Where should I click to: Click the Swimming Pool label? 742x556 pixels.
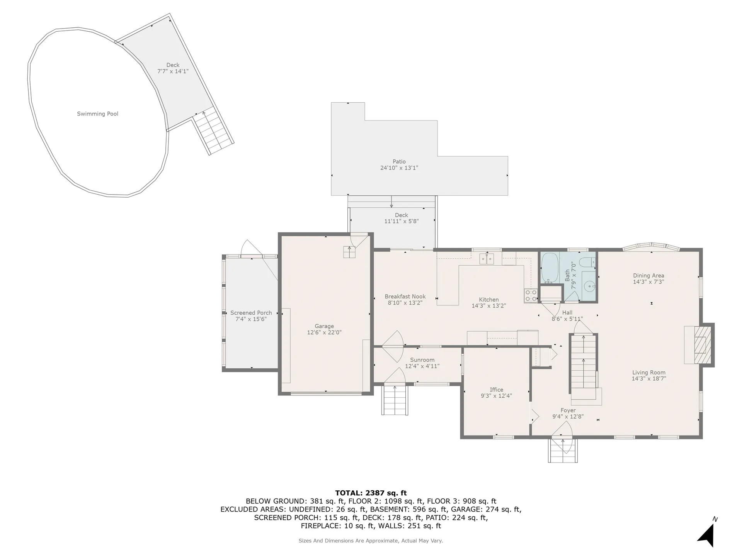click(97, 114)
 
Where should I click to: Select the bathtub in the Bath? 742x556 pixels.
click(549, 268)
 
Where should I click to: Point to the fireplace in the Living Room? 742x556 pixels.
click(700, 345)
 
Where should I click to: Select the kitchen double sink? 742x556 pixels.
click(487, 259)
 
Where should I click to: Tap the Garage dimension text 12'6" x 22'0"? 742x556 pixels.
click(324, 332)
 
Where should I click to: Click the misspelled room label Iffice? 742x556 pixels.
click(496, 390)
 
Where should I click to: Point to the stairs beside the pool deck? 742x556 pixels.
click(214, 132)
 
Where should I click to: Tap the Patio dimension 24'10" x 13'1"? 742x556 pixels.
click(399, 168)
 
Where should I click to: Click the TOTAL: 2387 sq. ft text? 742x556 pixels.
click(371, 493)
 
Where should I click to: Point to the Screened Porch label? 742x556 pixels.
click(251, 313)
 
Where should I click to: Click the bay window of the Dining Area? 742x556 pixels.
click(652, 247)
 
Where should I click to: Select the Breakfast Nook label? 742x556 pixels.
click(405, 297)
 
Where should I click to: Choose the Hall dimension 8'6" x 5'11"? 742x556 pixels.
click(567, 319)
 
